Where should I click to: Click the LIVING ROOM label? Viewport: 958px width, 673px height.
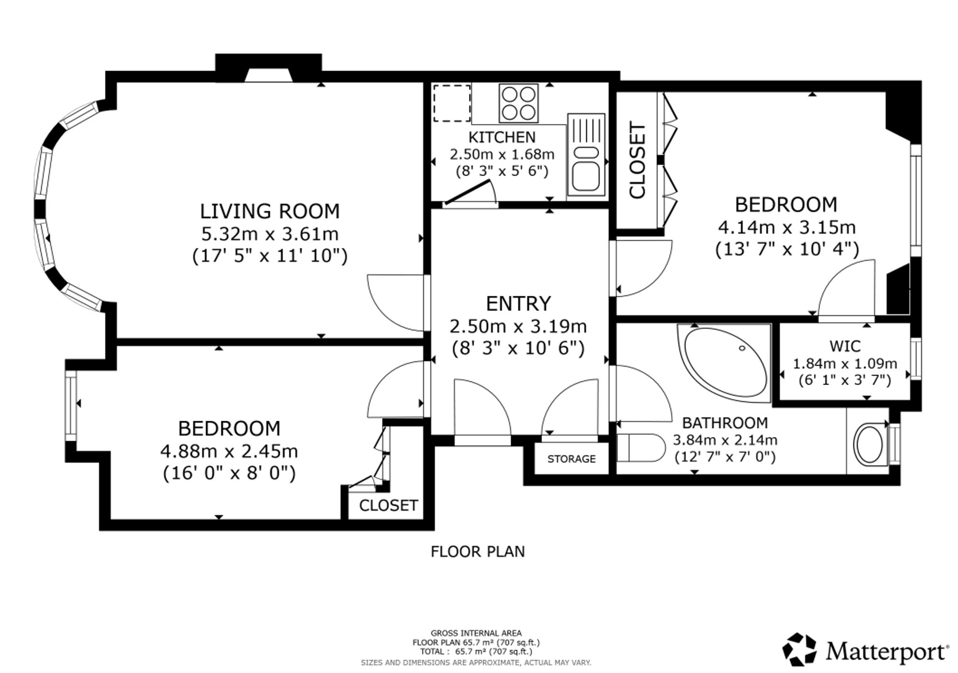pyautogui.click(x=270, y=211)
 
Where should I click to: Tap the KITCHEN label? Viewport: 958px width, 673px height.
pyautogui.click(x=502, y=137)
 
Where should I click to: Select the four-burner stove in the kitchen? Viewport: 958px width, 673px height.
pyautogui.click(x=518, y=103)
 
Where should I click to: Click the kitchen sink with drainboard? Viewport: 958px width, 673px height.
pyautogui.click(x=586, y=155)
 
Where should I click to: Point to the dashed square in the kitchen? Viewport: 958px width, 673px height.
pyautogui.click(x=452, y=103)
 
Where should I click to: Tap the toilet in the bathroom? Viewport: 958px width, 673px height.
pyautogui.click(x=641, y=448)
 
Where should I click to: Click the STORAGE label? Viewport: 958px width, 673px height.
pyautogui.click(x=571, y=459)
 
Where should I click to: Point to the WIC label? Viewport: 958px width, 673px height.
pyautogui.click(x=845, y=346)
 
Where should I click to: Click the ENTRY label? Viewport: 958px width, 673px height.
pyautogui.click(x=518, y=303)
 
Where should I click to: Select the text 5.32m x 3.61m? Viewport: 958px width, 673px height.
pyautogui.click(x=270, y=234)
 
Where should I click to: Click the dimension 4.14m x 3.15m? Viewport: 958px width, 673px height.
pyautogui.click(x=787, y=227)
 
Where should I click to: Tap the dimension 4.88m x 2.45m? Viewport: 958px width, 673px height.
pyautogui.click(x=229, y=451)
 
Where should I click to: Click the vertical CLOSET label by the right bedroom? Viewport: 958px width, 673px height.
pyautogui.click(x=638, y=160)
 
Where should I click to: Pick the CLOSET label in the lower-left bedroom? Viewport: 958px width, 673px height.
pyautogui.click(x=388, y=505)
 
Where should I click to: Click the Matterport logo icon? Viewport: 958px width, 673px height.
pyautogui.click(x=799, y=650)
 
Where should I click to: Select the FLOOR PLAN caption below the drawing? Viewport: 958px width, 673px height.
pyautogui.click(x=478, y=552)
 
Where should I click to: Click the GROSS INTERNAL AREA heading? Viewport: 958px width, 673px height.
pyautogui.click(x=476, y=633)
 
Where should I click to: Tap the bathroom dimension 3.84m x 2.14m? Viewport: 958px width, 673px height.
pyautogui.click(x=725, y=440)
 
